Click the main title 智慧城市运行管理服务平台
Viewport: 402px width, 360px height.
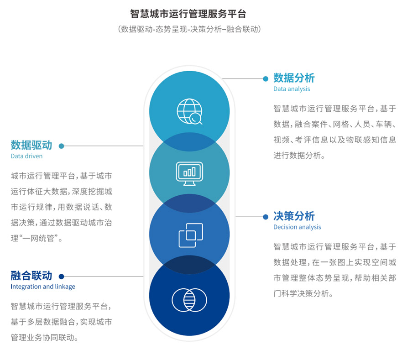[188, 14]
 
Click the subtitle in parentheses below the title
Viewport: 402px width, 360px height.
[189, 29]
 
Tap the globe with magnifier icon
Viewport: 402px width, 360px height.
[189, 111]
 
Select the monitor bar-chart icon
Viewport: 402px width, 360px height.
[189, 173]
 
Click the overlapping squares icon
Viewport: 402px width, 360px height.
[191, 235]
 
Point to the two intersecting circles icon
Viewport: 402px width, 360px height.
[189, 300]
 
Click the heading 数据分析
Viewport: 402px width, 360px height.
[294, 78]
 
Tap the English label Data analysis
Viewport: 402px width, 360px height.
[292, 89]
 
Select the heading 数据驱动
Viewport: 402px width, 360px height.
[31, 145]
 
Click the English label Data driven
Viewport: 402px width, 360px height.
[26, 156]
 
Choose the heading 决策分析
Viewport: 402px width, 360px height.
[294, 216]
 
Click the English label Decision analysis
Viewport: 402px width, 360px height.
[297, 227]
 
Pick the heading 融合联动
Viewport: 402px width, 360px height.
[31, 276]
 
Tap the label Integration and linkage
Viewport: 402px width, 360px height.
[43, 287]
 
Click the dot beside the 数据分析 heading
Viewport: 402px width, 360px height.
[266, 79]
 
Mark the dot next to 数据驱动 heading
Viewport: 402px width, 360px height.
[61, 146]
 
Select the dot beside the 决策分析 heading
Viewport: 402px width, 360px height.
[266, 217]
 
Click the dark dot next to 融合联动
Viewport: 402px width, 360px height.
[61, 277]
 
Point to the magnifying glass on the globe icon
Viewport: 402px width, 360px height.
[196, 119]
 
